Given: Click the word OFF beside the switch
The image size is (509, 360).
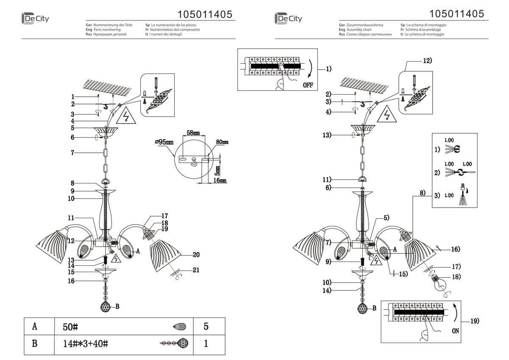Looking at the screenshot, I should [308, 85].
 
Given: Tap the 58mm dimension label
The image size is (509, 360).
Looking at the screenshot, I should [193, 133].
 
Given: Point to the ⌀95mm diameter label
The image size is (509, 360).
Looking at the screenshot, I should [164, 142].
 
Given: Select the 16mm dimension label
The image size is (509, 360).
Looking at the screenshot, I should [219, 180].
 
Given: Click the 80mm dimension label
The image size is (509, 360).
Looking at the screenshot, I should [222, 142].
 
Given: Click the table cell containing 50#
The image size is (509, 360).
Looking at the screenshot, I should [70, 327].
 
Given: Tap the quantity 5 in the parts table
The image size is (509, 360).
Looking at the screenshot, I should [206, 327].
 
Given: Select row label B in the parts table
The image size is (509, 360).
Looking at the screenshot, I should [35, 343].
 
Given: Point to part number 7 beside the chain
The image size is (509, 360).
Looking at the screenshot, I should [73, 152].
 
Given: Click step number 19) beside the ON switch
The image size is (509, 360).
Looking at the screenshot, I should [474, 321].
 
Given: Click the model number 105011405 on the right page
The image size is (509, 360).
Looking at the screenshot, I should [457, 14].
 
